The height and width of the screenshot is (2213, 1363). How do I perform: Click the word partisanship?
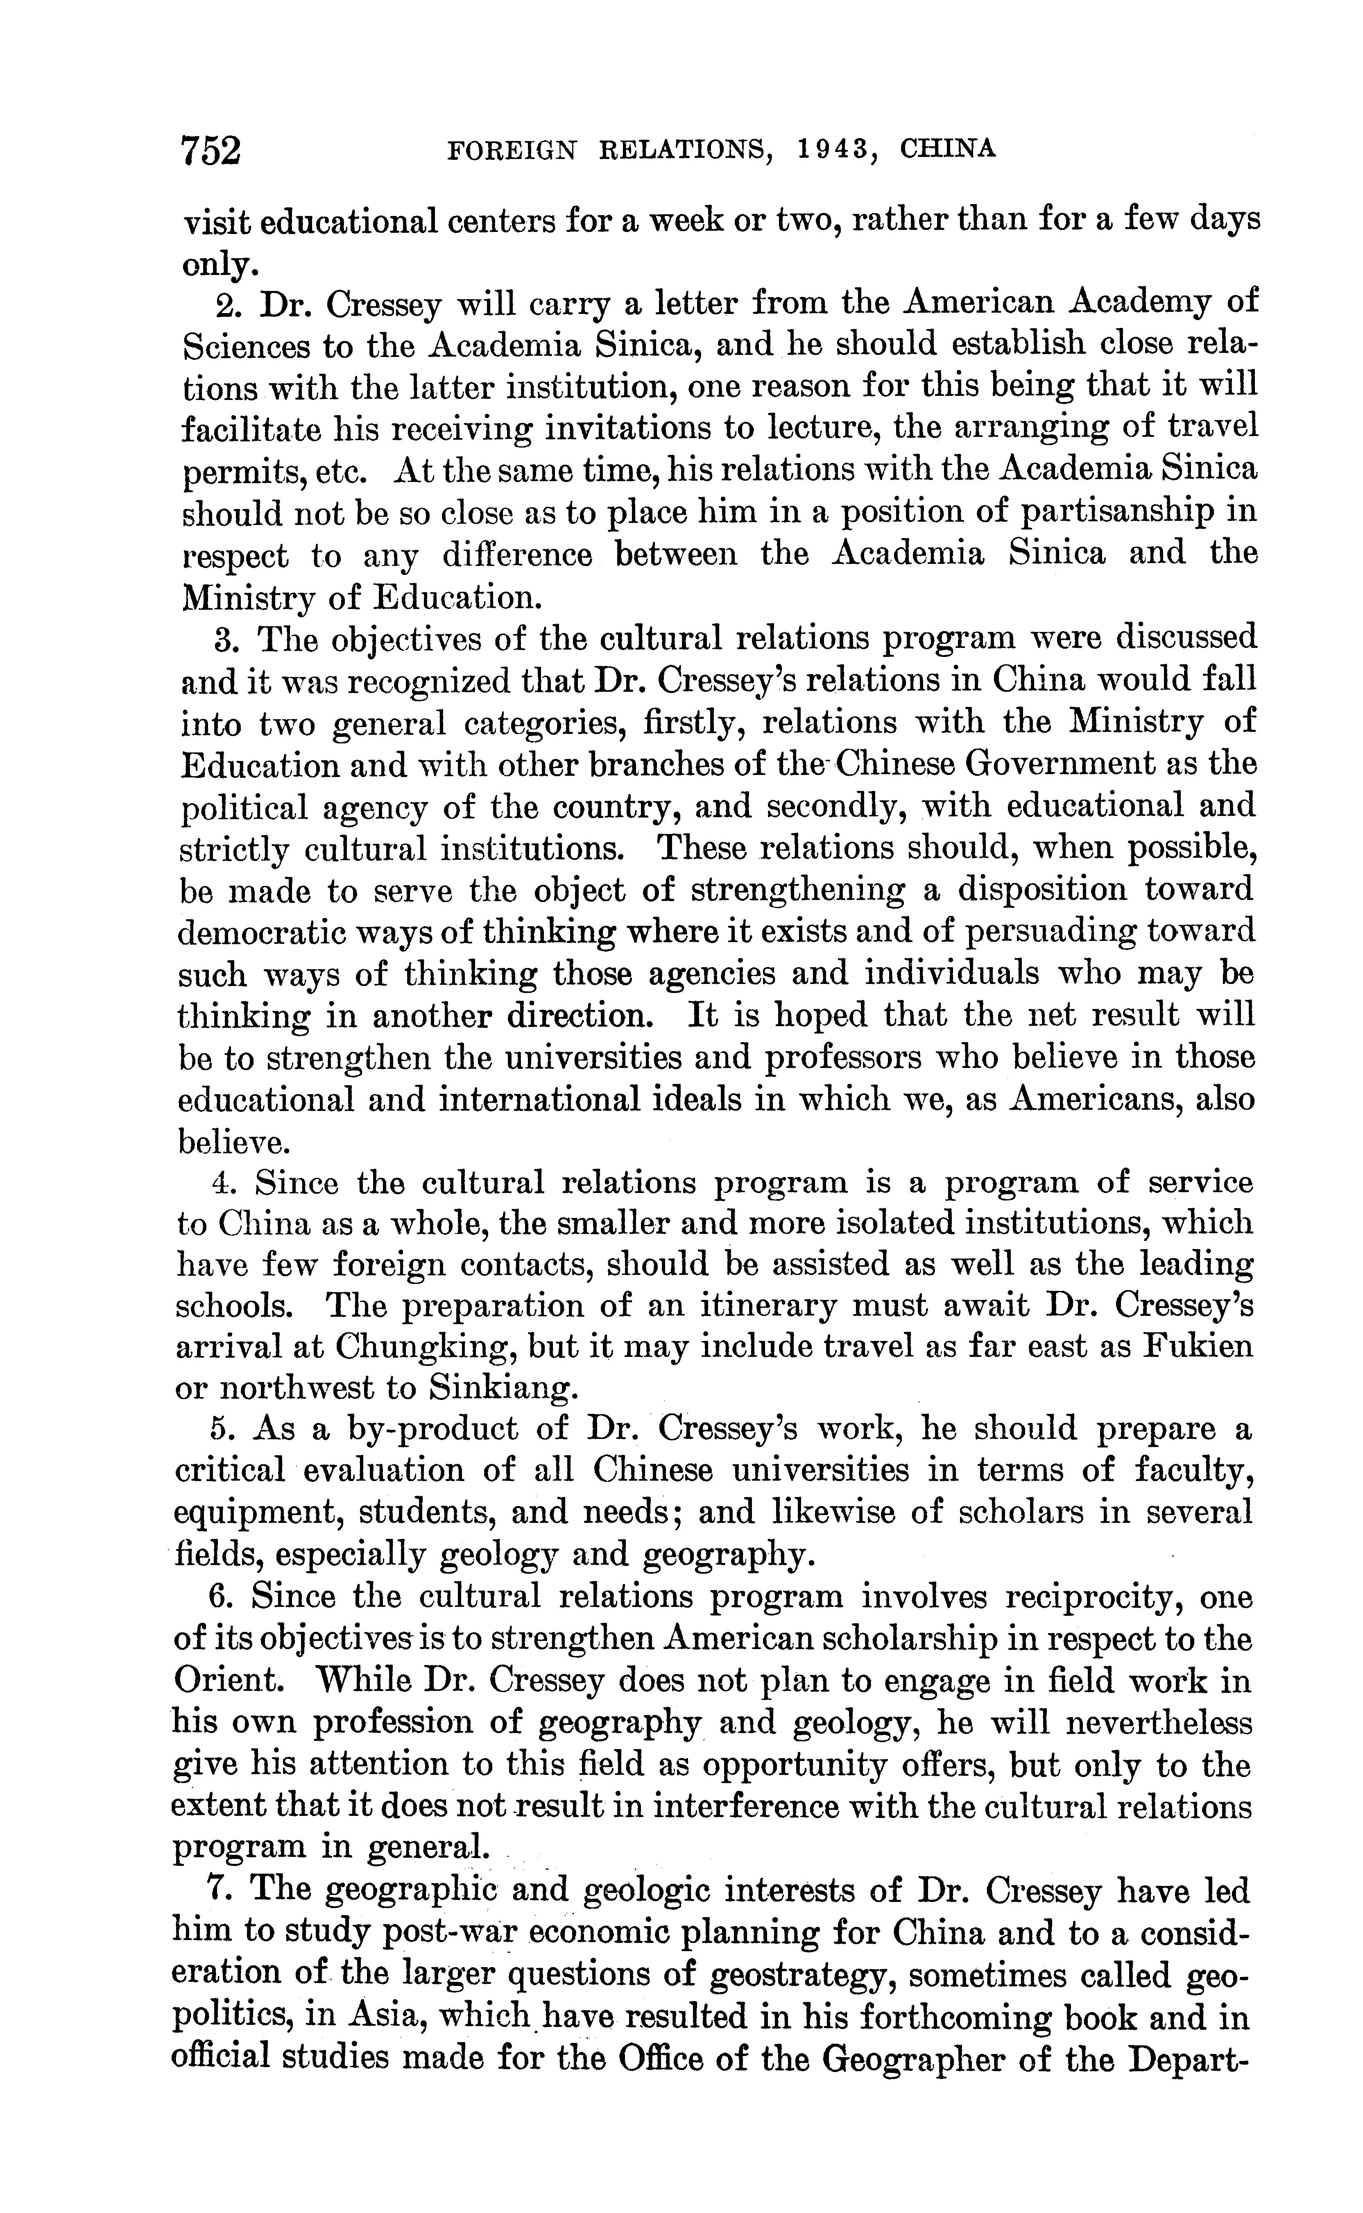(1111, 512)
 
